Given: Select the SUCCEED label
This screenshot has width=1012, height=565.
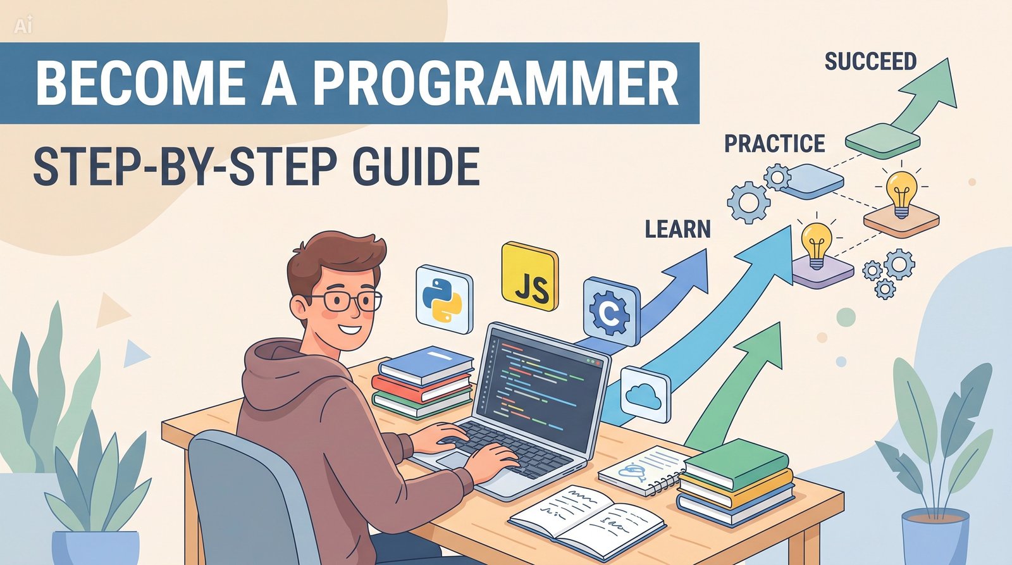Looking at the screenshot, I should [x=870, y=61].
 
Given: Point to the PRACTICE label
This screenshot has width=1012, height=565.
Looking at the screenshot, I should [x=774, y=144].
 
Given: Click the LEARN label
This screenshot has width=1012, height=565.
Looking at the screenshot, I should [x=677, y=229].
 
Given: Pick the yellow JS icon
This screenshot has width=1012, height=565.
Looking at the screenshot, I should [x=530, y=276].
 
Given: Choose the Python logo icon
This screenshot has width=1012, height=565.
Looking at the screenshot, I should [x=444, y=299].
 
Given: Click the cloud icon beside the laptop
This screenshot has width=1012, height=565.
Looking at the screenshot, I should [x=645, y=395].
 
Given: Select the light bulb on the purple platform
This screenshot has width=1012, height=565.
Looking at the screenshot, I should [x=816, y=244].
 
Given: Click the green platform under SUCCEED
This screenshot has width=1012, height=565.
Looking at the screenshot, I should [x=882, y=139].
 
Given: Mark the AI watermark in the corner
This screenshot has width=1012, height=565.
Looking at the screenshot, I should [x=23, y=25].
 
